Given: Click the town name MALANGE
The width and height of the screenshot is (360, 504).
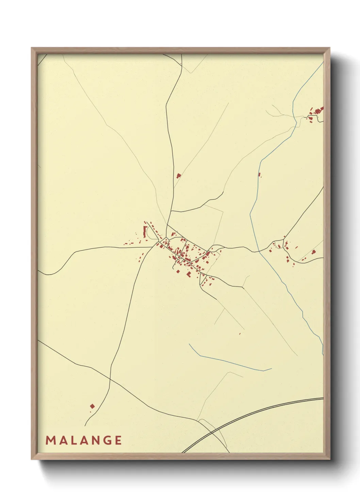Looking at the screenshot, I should pos(84,440).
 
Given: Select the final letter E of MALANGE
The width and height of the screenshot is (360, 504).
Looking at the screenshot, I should pos(118,440).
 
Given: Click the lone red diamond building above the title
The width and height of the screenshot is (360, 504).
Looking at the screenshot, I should pos(92,406).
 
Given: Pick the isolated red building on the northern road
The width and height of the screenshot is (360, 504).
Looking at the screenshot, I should pos(178,176).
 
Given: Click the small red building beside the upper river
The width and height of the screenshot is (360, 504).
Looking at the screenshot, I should pos(259,175).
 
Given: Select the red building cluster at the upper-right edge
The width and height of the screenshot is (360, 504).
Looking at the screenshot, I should pos(316,112).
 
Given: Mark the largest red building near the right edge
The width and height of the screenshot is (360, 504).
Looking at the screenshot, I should pos(314,252).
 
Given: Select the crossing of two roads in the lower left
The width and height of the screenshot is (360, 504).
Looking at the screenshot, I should pos(110,379).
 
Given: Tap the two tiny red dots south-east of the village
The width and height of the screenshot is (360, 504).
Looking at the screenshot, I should pos(240,333).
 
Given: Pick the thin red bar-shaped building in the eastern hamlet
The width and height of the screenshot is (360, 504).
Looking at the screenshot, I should pos(296,247).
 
